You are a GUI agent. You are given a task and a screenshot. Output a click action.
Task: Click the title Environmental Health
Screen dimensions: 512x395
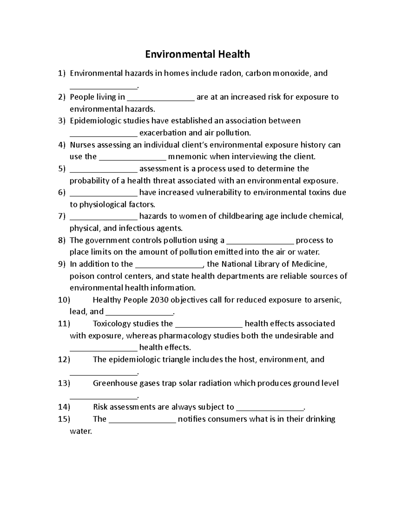[x=197, y=54]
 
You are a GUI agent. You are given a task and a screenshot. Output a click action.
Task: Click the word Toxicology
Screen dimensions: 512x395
[x=112, y=324]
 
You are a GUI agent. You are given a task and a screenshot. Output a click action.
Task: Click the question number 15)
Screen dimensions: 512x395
[x=64, y=419]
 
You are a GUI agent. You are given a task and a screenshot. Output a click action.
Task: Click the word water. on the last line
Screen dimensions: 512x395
[x=81, y=431]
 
